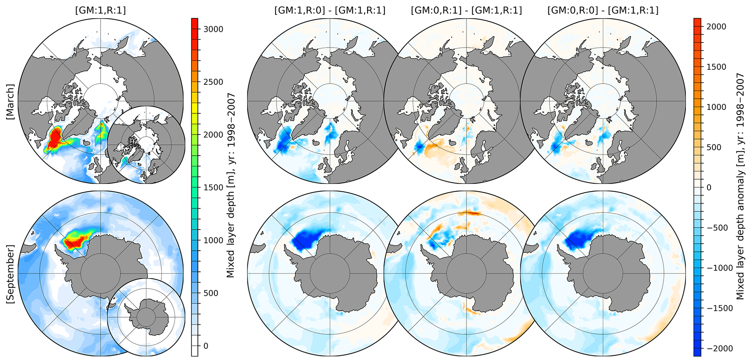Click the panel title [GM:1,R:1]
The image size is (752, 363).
[x=100, y=11]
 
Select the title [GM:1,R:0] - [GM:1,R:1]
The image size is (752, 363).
[x=330, y=11]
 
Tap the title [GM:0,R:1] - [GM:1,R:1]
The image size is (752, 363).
[x=466, y=11]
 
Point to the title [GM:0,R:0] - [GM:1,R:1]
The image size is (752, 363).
[x=603, y=11]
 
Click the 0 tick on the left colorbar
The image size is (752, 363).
[x=206, y=346]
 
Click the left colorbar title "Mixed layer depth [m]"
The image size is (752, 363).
[x=230, y=186]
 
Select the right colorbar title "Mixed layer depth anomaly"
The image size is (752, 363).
[x=740, y=186]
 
